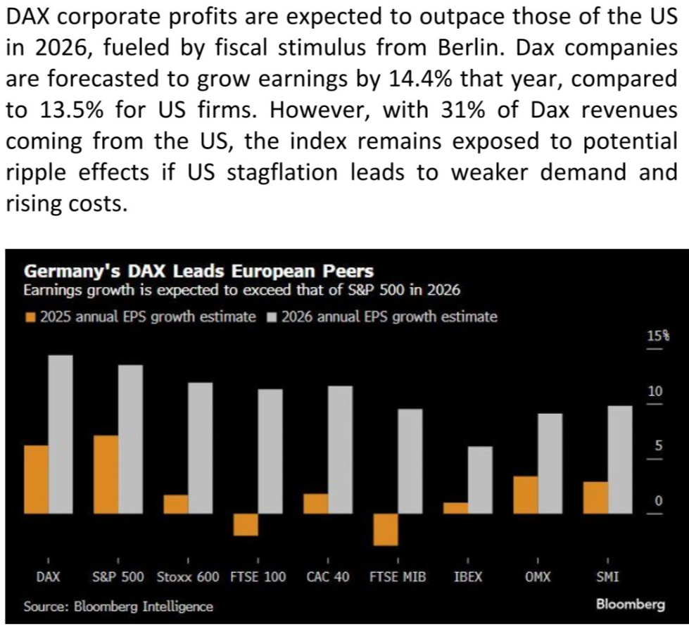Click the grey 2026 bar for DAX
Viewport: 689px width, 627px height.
point(61,434)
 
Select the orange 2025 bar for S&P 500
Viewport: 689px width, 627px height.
point(106,474)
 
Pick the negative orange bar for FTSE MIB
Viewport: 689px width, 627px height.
point(386,529)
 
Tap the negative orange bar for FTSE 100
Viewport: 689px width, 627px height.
point(246,525)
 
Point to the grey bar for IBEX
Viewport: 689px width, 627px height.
point(480,480)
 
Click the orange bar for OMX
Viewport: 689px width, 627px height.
point(526,495)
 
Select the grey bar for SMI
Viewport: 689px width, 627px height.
point(620,460)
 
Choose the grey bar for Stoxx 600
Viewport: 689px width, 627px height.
point(201,448)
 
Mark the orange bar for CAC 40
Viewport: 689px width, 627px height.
point(316,504)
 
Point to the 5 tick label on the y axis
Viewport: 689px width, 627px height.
point(658,446)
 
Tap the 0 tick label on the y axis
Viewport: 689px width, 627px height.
point(658,500)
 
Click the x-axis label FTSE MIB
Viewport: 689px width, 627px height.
point(398,576)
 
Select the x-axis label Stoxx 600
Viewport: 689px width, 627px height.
point(188,576)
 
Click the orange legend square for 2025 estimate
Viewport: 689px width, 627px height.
point(31,317)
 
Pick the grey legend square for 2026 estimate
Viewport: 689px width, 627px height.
point(272,317)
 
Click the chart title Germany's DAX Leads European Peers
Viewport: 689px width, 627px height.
point(198,271)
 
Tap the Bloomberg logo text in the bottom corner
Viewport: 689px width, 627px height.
point(631,604)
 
